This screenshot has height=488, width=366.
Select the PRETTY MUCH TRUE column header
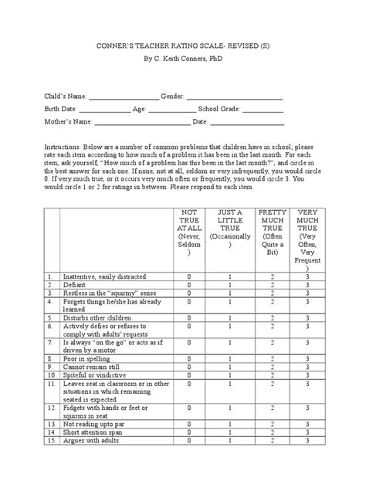tap(272, 229)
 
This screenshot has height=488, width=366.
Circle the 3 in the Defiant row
tap(307, 284)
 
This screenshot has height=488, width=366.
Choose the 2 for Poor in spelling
tap(272, 358)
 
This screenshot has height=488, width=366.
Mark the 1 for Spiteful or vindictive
tap(229, 375)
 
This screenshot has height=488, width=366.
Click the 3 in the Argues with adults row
tap(307, 442)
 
